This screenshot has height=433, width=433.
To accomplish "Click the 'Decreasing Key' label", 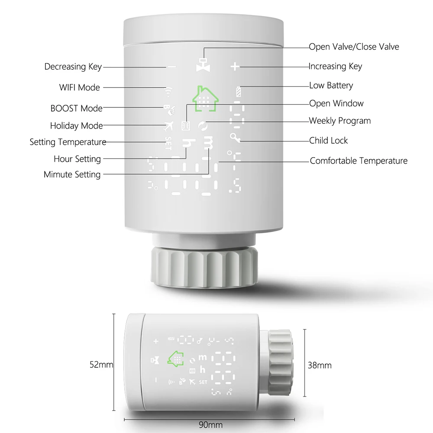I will point(73,67).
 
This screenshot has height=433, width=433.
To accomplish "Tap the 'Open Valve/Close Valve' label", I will point(354,47).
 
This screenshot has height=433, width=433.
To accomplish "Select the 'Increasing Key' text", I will point(335,66).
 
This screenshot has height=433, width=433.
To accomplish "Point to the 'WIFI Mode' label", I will point(79,87).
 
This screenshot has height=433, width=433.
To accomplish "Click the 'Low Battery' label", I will point(331,85).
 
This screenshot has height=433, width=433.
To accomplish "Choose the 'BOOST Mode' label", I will point(76,108).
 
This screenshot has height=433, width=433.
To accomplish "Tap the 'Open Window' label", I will point(336,103).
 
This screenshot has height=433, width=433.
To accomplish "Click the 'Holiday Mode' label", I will point(76,126).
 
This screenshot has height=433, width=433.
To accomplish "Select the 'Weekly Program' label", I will point(339,121).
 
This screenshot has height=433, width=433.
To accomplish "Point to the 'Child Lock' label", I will point(328,140).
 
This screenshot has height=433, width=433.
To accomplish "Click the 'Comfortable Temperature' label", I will point(359,161).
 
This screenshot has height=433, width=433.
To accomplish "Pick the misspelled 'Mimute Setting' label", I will point(72,174).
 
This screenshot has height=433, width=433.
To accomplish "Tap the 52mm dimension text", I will point(101,365).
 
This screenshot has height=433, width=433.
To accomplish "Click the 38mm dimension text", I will point(320,365).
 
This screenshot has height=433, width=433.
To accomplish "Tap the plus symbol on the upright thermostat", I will point(235,67).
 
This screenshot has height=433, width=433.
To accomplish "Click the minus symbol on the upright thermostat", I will point(172,67).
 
